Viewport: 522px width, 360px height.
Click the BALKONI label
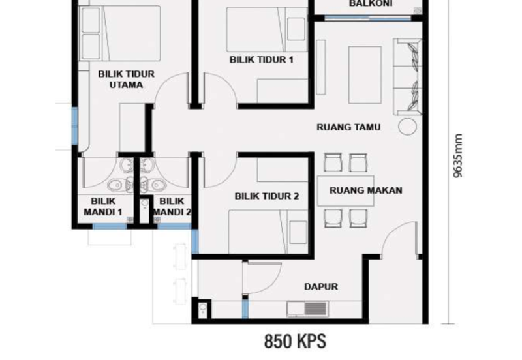pos(370,4)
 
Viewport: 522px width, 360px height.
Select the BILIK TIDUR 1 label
pos(262,59)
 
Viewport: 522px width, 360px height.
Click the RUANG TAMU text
pos(348,127)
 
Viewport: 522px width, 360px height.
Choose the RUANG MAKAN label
pos(365,190)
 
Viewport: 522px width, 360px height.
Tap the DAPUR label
pos(320,286)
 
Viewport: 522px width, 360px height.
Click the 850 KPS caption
pos(294,340)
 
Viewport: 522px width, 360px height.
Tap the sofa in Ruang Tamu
pos(408,76)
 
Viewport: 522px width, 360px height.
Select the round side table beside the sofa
pos(407,127)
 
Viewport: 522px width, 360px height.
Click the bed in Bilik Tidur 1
pos(266,29)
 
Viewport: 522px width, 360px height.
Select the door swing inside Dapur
pos(257,278)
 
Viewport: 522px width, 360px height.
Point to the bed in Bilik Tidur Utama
pos(121,29)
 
